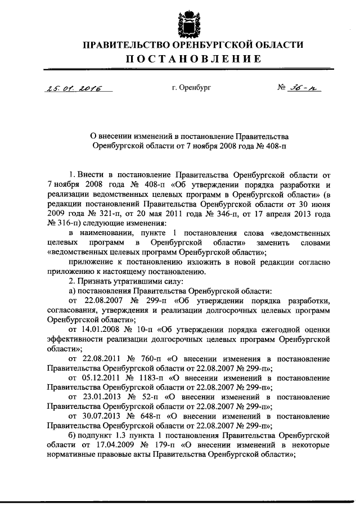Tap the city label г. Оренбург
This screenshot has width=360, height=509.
192,88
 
